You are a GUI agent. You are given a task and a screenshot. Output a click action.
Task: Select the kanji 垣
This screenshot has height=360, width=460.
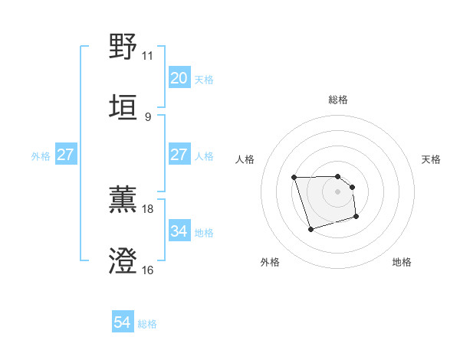click(x=123, y=107)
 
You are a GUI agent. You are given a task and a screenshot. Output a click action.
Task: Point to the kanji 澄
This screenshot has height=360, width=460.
click(x=123, y=261)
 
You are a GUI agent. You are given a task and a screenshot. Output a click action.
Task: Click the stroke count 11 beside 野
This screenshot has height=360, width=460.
click(x=147, y=56)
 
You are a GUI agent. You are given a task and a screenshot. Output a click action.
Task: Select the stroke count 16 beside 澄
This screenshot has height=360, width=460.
click(x=147, y=270)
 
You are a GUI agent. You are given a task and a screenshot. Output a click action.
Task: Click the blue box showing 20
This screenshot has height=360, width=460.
click(x=179, y=78)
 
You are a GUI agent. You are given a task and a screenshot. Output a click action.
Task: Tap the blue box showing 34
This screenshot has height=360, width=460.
click(x=179, y=231)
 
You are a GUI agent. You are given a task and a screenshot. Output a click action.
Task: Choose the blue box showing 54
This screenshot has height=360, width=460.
click(x=123, y=323)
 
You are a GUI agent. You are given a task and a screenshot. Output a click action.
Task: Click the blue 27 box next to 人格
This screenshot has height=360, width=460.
click(x=179, y=155)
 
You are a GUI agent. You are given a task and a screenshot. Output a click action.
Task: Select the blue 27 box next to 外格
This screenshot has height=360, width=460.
click(x=65, y=155)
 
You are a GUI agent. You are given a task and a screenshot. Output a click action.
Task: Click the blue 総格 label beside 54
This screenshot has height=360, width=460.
click(x=147, y=324)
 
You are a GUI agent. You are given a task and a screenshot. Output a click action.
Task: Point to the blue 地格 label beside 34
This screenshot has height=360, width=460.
click(x=204, y=232)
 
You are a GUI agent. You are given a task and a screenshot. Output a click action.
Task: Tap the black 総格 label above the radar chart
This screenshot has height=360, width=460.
click(x=338, y=100)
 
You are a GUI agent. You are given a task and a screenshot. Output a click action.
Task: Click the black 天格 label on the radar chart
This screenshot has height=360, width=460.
click(x=431, y=159)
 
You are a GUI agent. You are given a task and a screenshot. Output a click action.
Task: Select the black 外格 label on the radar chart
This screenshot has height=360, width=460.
click(x=270, y=262)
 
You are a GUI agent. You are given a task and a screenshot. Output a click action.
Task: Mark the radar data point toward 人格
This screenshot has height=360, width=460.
click(x=294, y=178)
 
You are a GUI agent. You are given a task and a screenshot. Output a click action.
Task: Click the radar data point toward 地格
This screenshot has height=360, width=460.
click(x=356, y=218)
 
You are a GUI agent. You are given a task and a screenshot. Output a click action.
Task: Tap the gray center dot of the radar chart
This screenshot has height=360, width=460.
click(x=337, y=191)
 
